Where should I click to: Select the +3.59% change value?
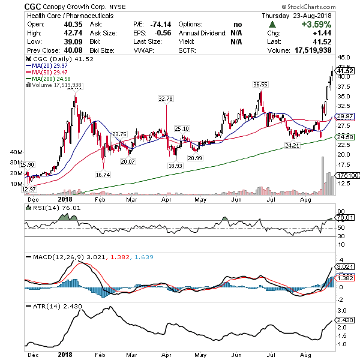(x=335, y=24)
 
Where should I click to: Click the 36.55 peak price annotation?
(x=260, y=85)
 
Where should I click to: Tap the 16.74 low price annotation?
(x=103, y=175)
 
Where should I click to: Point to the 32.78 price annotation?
(x=166, y=98)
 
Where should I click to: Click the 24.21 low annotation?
(x=292, y=145)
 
